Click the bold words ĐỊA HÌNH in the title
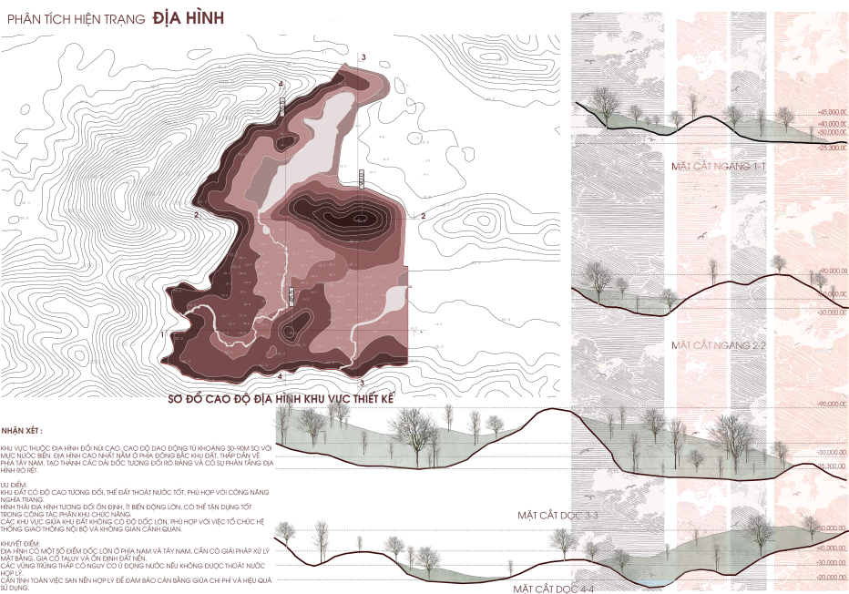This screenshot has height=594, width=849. tap(189, 17)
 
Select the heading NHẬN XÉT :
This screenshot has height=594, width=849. tap(22, 429)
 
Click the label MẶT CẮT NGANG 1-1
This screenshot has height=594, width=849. tap(706, 166)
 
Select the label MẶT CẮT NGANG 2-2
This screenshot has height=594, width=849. tap(706, 345)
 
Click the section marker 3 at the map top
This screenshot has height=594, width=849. tap(363, 58)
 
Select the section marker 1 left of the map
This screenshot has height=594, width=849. tap(161, 334)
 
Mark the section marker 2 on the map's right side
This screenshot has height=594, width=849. tap(423, 215)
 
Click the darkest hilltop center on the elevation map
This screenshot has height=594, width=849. tap(361, 218)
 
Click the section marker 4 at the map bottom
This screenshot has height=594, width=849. tap(280, 375)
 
